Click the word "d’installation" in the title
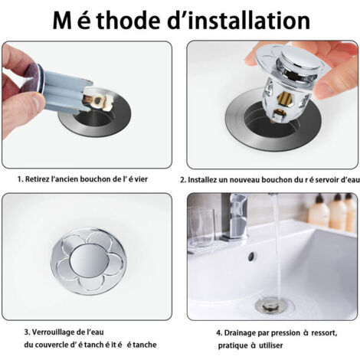[239, 20]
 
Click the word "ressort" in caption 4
[324, 333]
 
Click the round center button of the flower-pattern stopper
[88, 260]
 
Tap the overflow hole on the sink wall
[251, 256]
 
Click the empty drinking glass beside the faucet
[201, 228]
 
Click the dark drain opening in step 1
[95, 119]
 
